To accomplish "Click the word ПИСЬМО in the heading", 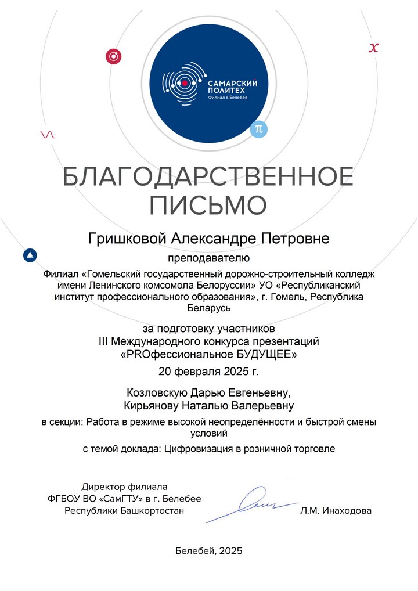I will (x=208, y=206).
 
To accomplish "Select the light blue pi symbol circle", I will (x=259, y=129).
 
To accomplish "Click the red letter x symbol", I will (x=374, y=48).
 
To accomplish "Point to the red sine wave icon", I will (x=48, y=135).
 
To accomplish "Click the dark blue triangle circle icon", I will (x=30, y=255).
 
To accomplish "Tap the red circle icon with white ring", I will (x=113, y=56).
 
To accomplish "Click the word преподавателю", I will (x=208, y=256).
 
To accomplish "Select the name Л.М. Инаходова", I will (x=336, y=511).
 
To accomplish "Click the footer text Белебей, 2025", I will (x=208, y=550).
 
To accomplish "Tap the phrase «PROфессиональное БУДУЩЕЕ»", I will (x=208, y=353).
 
